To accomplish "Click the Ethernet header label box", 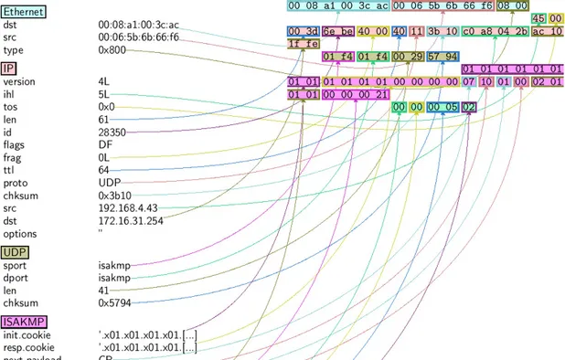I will (x=25, y=11).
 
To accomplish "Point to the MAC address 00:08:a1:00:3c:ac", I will (x=138, y=25).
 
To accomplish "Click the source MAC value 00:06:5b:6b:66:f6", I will (x=138, y=37).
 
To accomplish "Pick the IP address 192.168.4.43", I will (x=129, y=208).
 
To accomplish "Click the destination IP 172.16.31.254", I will (x=132, y=221).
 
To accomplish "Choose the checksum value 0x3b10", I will (x=114, y=196).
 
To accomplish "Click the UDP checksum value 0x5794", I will (x=114, y=302).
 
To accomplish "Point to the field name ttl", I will (x=8, y=170).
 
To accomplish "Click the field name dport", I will (x=16, y=278).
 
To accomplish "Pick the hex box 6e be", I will (x=337, y=31).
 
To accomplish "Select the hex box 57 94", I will (x=442, y=57).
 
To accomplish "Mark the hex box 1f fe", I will (x=304, y=44).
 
